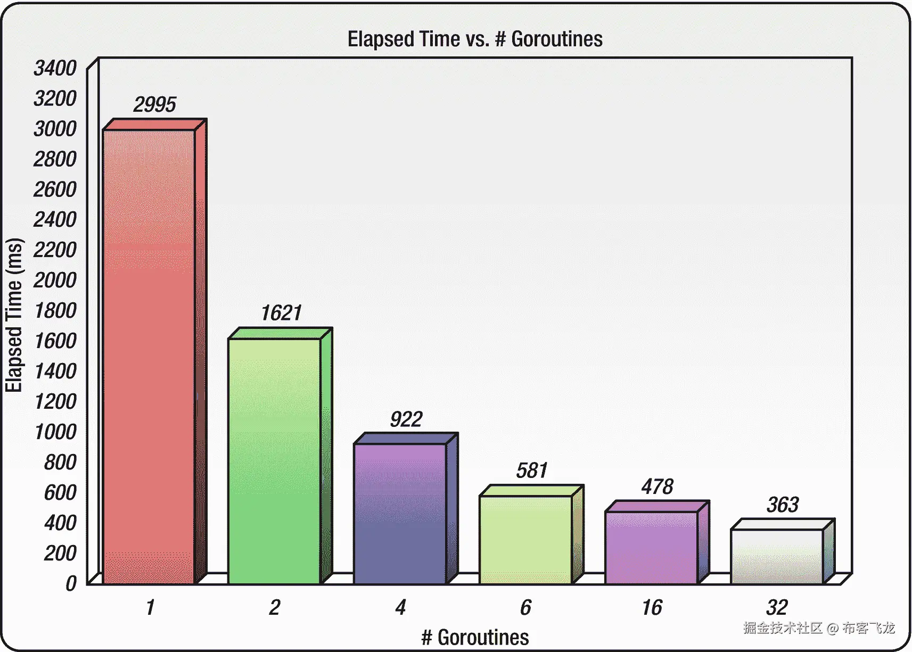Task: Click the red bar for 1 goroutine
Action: pyautogui.click(x=149, y=357)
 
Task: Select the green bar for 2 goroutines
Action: pyautogui.click(x=275, y=461)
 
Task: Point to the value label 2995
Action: pyautogui.click(x=154, y=104)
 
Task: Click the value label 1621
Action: pyautogui.click(x=281, y=313)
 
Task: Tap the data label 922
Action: pyautogui.click(x=406, y=419)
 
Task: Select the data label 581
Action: pyautogui.click(x=532, y=471)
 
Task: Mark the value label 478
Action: pyautogui.click(x=657, y=486)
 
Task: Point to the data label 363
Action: pyautogui.click(x=783, y=505)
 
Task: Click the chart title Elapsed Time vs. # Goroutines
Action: pyautogui.click(x=475, y=39)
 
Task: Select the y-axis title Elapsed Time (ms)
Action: pyautogui.click(x=14, y=315)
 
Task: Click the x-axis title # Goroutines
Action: pyautogui.click(x=475, y=637)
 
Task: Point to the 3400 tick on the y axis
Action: pyautogui.click(x=55, y=68)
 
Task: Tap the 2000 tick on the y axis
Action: pyautogui.click(x=55, y=280)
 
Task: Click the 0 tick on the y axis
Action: pyautogui.click(x=71, y=583)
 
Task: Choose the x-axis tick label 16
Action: pyautogui.click(x=652, y=607)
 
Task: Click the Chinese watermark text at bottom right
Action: pyautogui.click(x=819, y=628)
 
